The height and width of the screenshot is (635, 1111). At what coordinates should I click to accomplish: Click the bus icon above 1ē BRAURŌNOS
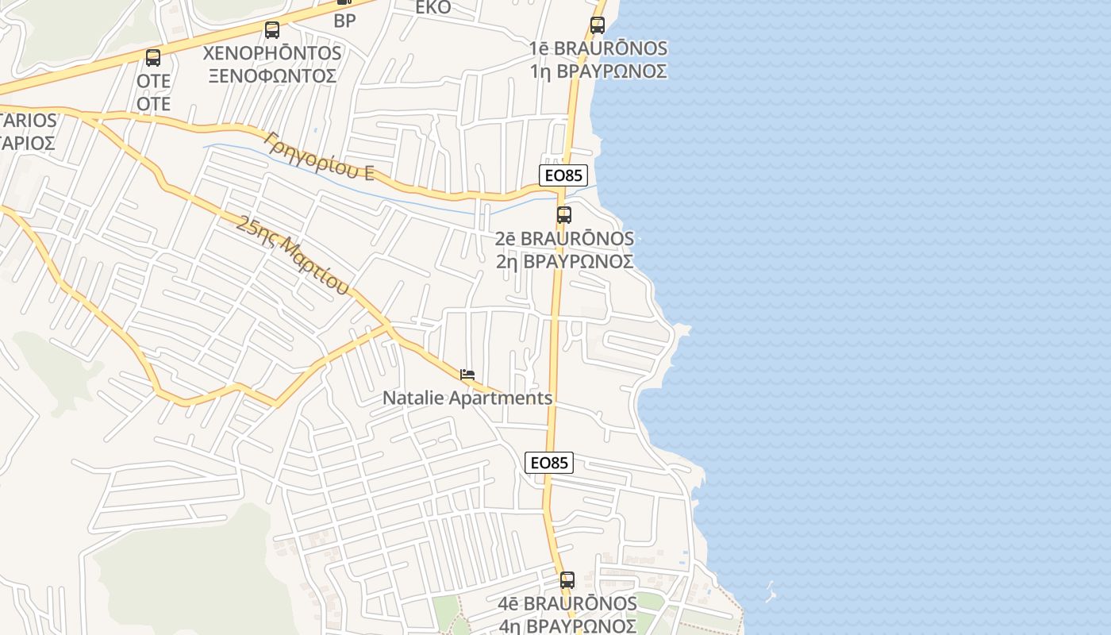click(x=598, y=25)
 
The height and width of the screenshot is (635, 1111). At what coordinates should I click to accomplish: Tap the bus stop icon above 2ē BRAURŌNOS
click(x=564, y=214)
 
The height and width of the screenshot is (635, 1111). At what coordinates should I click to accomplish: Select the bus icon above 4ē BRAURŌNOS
click(x=567, y=580)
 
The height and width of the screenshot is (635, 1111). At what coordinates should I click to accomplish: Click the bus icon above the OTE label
click(x=153, y=58)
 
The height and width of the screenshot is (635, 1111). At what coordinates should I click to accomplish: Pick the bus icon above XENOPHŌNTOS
click(x=272, y=30)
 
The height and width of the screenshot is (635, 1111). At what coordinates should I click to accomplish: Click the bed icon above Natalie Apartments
click(x=467, y=375)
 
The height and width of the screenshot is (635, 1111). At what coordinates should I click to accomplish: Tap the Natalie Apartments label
click(x=467, y=398)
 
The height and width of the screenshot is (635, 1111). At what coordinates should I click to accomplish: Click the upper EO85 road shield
click(x=563, y=176)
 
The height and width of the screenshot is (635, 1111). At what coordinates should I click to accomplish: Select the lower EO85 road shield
click(x=549, y=463)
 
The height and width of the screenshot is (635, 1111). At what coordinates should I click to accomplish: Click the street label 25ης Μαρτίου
click(x=292, y=255)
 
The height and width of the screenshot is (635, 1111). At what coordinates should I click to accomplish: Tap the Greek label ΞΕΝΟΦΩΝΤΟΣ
click(x=272, y=76)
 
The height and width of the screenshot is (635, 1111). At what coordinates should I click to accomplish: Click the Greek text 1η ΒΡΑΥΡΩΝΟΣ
click(x=598, y=71)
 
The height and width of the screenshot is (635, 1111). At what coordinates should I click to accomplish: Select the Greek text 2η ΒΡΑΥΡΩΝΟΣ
click(x=564, y=261)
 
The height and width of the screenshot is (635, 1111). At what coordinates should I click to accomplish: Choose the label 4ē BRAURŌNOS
click(x=567, y=604)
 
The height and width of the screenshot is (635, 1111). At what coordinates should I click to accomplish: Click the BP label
click(x=344, y=21)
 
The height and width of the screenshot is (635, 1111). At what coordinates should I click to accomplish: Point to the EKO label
click(x=433, y=8)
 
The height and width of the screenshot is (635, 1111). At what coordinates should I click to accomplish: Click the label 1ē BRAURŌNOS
click(x=598, y=48)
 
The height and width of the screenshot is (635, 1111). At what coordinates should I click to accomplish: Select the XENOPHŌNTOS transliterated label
click(x=272, y=53)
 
